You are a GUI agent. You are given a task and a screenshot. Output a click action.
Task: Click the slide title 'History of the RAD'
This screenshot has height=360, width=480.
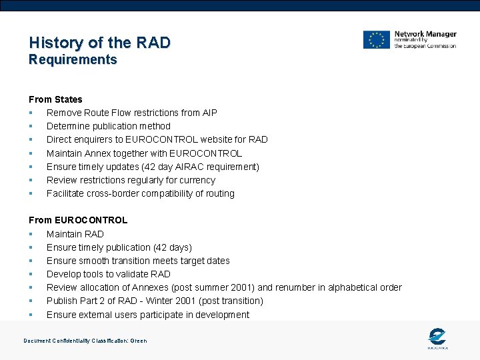click(x=99, y=43)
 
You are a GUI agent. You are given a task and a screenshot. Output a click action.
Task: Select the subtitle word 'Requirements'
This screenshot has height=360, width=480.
click(x=73, y=60)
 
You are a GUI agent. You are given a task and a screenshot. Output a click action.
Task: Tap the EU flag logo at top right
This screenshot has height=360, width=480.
click(x=376, y=40)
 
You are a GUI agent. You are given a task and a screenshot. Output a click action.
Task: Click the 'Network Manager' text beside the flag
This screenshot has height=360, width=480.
click(x=425, y=34)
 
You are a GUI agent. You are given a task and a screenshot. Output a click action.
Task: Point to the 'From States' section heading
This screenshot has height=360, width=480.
click(x=55, y=99)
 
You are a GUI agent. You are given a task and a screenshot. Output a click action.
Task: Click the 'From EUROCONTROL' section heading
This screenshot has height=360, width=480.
click(x=78, y=220)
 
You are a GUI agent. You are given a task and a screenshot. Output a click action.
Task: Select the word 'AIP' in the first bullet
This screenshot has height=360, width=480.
click(x=209, y=113)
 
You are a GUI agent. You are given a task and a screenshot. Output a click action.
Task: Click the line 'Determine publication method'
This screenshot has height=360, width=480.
click(x=108, y=126)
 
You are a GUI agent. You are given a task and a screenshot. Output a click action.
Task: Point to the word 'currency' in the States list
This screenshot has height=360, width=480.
click(x=197, y=180)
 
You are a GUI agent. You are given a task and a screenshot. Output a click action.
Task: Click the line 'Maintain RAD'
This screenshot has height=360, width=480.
click(x=75, y=234)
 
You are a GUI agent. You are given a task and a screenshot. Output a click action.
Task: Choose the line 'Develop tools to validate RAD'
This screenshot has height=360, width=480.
click(x=108, y=274)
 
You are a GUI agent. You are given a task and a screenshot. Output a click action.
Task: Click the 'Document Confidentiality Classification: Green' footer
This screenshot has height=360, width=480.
click(x=85, y=341)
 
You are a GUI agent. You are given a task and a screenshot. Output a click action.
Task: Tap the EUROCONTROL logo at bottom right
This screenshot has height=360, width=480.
click(x=437, y=338)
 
